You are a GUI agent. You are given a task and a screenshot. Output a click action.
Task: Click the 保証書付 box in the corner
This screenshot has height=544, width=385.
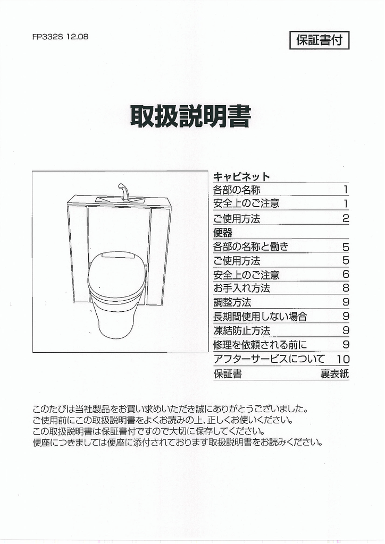pos(319,40)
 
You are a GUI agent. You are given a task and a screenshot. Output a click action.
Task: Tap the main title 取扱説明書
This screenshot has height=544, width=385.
pos(190,116)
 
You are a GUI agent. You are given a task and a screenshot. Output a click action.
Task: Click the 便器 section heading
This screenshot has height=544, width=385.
pos(223,233)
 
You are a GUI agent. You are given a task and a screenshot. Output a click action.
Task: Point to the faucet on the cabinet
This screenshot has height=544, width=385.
pos(123,191)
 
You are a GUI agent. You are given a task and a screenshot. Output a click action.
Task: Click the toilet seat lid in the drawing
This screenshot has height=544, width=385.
pos(117,274)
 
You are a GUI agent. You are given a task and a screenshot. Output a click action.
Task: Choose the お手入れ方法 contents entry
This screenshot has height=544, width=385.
pos(241,288)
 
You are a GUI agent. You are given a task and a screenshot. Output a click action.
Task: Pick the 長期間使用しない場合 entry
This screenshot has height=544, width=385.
pos(260,317)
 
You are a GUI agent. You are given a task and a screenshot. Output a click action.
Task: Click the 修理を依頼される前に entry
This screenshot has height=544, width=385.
pos(260,345)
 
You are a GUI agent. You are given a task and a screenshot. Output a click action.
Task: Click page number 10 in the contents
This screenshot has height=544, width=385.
pos(343,360)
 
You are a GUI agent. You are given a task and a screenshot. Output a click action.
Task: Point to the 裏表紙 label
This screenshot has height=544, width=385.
pos(334,374)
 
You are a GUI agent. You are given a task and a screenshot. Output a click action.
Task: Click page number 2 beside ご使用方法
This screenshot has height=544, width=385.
pos(346,218)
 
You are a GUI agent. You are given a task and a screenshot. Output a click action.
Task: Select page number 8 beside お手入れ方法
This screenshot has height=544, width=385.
pos(346,288)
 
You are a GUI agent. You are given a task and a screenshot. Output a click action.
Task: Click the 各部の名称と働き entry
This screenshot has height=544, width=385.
pos(251,246)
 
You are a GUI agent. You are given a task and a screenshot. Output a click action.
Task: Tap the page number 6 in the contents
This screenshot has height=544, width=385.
pos(346,275)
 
